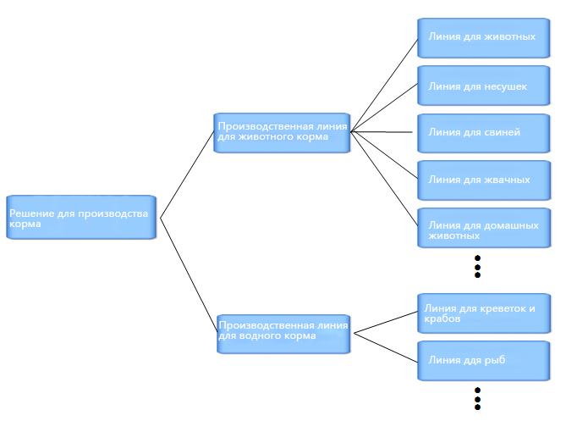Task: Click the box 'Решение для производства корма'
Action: coord(81,217)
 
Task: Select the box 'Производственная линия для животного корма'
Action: coord(282,133)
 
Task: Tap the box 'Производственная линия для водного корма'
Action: coord(283,334)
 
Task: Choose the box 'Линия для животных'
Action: coord(483,38)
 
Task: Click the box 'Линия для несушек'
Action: coord(483,86)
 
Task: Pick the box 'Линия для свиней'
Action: coord(483,133)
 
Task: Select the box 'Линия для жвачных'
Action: coord(484,180)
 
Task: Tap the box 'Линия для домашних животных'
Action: coord(484,228)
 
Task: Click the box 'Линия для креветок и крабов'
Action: coord(484,313)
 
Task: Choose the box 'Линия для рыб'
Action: coord(483,361)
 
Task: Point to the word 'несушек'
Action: coord(505,86)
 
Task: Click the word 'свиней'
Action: coord(502,133)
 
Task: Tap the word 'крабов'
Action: coord(442,319)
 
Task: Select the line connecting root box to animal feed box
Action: coord(187,174)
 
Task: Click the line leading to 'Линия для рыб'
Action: coord(386,347)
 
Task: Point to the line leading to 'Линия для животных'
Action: coord(384,85)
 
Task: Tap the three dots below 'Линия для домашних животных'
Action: coord(477,266)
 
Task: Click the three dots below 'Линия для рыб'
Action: coord(477,399)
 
